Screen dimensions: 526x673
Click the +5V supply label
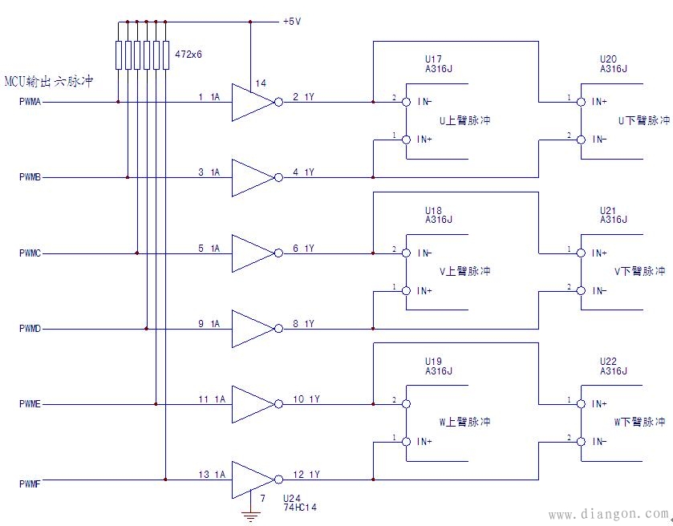click(x=291, y=22)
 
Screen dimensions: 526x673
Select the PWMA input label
click(x=30, y=102)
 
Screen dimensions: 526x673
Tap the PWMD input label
click(x=30, y=329)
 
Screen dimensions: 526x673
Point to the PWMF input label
click(x=30, y=484)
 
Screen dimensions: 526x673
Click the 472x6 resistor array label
click(x=188, y=55)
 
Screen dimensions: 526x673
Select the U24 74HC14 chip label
click(x=300, y=502)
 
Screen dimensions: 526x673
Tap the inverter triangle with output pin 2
click(x=251, y=102)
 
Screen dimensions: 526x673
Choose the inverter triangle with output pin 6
click(x=251, y=253)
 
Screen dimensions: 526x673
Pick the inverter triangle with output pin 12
click(x=251, y=479)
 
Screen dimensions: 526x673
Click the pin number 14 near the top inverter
click(x=261, y=83)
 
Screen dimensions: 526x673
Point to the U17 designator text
click(x=433, y=59)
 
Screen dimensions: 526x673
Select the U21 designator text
click(x=609, y=210)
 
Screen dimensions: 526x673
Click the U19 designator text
click(x=434, y=361)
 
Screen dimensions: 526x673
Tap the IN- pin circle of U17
click(x=406, y=102)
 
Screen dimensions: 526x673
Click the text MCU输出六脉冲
click(x=49, y=82)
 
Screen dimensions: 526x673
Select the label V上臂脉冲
click(x=464, y=272)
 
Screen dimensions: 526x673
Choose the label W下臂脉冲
click(x=641, y=422)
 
